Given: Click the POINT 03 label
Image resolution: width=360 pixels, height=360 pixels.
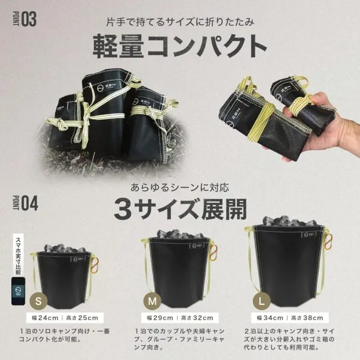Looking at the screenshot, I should pos(23,19).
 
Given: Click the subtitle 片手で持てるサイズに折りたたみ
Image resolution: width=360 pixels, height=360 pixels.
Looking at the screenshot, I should pos(179,21).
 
